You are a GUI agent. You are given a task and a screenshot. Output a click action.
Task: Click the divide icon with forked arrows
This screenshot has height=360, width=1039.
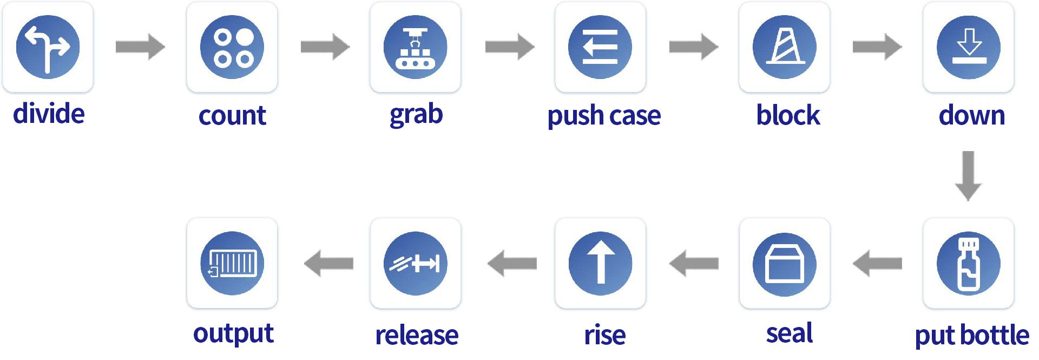click(48, 47)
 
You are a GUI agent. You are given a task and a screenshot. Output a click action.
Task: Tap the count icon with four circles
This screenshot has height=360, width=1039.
click(232, 47)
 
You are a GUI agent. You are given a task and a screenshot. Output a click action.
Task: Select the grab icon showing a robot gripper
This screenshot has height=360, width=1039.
click(416, 47)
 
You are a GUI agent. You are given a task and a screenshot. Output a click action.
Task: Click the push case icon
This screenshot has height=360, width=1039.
click(600, 47)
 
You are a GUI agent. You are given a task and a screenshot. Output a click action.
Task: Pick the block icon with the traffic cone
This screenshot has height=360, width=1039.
click(784, 47)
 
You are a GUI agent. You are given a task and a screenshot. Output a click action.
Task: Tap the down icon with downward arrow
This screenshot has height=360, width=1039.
click(969, 47)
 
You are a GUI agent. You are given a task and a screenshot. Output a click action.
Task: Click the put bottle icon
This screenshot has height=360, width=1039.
click(969, 263)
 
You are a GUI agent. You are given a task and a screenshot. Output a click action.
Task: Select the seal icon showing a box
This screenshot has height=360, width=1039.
click(785, 263)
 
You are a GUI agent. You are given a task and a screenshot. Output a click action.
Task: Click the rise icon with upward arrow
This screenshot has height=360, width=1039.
click(600, 263)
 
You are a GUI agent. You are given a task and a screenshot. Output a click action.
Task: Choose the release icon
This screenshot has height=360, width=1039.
click(416, 263)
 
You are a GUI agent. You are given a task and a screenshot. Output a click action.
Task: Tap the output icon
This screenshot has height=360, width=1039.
click(232, 263)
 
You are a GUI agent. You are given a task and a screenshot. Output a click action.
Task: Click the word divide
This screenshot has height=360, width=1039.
click(49, 114)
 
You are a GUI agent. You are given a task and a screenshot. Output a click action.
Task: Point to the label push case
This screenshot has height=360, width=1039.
click(604, 116)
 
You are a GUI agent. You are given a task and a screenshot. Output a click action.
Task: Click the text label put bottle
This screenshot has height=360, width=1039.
click(972, 335)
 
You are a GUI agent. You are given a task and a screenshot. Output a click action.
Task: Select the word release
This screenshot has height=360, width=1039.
click(417, 335)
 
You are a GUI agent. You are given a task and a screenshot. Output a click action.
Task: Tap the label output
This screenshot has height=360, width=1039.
click(233, 333)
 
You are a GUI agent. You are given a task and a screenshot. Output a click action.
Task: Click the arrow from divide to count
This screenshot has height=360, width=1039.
click(140, 47)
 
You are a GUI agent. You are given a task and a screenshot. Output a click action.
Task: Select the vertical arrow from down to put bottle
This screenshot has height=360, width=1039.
click(969, 176)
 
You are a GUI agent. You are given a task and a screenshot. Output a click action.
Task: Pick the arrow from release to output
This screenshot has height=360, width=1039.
click(328, 263)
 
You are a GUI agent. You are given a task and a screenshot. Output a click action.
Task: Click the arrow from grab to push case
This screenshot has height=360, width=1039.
click(510, 47)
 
